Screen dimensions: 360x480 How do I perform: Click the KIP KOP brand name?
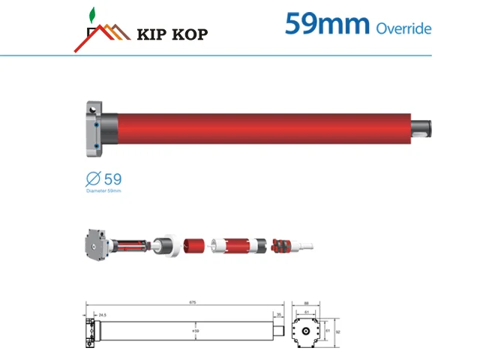[x=173, y=33]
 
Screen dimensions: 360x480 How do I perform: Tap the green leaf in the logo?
[x=92, y=14]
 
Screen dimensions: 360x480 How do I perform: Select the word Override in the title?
[x=403, y=28]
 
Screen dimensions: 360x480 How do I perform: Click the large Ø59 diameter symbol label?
[x=104, y=179]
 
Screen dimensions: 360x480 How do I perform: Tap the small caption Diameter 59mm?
[x=103, y=191]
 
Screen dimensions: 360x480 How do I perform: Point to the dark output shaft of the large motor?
[x=424, y=125]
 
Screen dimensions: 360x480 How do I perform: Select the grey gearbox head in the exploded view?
[x=97, y=244]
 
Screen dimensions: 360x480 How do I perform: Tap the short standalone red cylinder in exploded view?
[x=194, y=246]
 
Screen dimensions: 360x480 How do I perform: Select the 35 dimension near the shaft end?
[x=279, y=315]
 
